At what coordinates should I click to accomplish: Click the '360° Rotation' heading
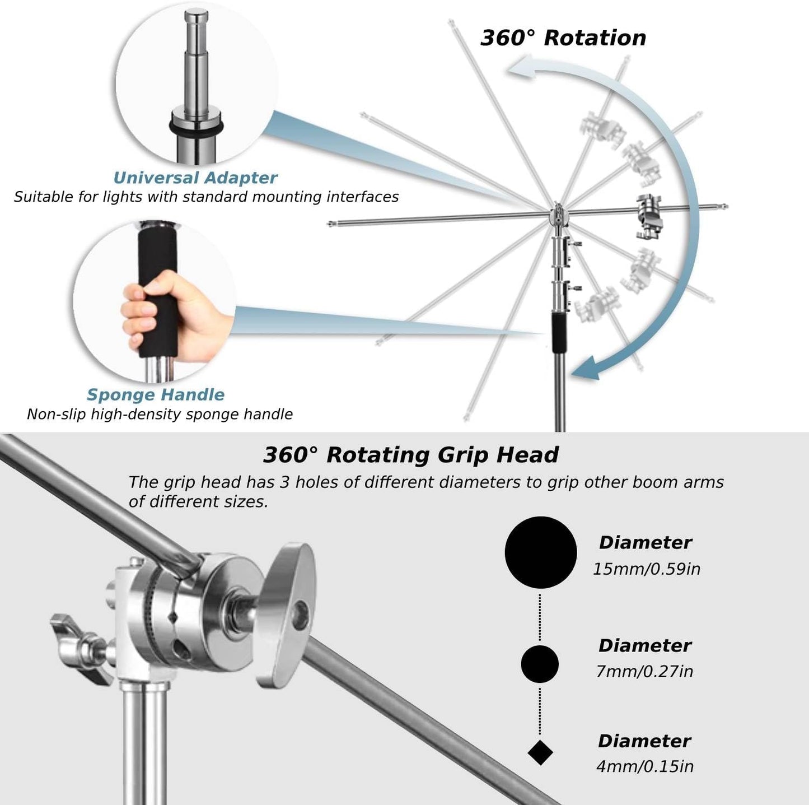[563, 38]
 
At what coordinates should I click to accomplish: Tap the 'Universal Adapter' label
[195, 178]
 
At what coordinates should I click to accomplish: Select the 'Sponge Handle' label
[156, 395]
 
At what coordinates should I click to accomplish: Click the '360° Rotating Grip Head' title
[410, 455]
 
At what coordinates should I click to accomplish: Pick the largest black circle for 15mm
[540, 552]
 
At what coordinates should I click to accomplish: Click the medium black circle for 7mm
[540, 664]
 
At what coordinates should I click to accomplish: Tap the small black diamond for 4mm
[540, 752]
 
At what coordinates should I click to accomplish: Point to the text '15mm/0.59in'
[646, 569]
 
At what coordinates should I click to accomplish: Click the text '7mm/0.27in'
[644, 671]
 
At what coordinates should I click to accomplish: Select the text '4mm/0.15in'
[644, 766]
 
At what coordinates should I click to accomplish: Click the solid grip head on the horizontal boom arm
[649, 216]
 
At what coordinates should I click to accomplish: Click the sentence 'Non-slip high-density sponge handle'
[160, 415]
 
